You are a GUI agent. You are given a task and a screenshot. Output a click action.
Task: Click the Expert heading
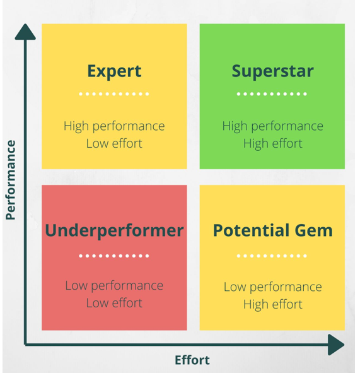114,71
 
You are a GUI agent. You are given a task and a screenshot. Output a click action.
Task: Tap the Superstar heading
272,71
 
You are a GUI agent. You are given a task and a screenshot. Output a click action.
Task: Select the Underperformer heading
114,230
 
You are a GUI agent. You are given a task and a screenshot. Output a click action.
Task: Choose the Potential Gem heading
272,230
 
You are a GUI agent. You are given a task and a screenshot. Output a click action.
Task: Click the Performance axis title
10,180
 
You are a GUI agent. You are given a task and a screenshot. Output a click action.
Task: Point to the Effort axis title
192,360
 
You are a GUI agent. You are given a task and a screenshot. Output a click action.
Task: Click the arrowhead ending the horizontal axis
336,345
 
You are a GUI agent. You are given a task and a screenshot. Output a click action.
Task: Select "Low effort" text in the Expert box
114,143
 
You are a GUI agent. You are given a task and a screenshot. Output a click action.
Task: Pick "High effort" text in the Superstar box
272,143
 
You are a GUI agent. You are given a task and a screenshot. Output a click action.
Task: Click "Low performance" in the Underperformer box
114,285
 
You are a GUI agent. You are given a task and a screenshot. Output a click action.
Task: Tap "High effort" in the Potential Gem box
272,304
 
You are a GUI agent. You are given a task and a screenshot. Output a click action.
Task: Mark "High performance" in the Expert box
114,126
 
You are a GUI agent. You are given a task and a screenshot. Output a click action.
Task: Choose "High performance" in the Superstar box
272,126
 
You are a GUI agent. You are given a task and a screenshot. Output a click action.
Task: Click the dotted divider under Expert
114,95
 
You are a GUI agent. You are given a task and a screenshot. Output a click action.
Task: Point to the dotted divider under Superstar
272,95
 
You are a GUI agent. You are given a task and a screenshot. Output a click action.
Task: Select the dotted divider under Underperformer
114,256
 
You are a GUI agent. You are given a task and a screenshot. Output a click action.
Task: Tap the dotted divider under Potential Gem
272,256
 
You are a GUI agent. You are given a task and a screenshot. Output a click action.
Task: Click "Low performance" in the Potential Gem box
272,287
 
